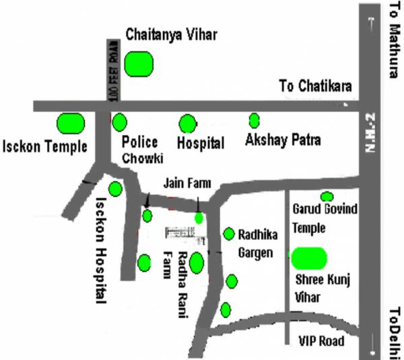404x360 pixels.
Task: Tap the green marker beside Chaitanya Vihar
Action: pos(140,64)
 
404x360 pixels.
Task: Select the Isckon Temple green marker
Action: pos(70,123)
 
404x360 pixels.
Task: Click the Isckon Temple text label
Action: pos(46,146)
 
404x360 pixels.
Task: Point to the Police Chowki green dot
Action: pos(120,122)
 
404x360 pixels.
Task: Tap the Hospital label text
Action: pos(200,143)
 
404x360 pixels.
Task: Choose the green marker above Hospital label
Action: pos(187,124)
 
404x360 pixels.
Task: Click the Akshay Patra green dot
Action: pos(255,121)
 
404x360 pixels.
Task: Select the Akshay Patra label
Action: pos(283,141)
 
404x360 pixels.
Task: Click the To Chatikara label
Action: pos(316,86)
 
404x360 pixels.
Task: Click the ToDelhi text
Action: pos(395,333)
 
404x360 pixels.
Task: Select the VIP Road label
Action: pos(321,341)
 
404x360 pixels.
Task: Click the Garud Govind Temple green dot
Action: pos(327,196)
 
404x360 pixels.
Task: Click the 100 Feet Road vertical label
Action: pos(113,71)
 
